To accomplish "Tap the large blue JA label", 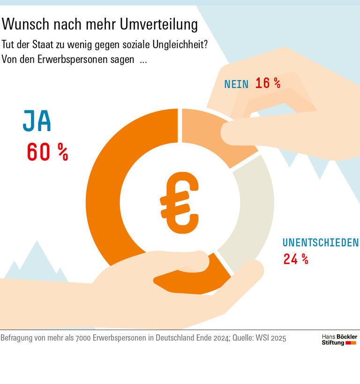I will (x=37, y=122).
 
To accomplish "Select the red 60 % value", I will (x=47, y=152).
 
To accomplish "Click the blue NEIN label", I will (x=237, y=84).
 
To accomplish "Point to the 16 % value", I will (x=268, y=83).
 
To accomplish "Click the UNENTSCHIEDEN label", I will (x=320, y=243).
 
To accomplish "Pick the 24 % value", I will (x=295, y=259).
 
